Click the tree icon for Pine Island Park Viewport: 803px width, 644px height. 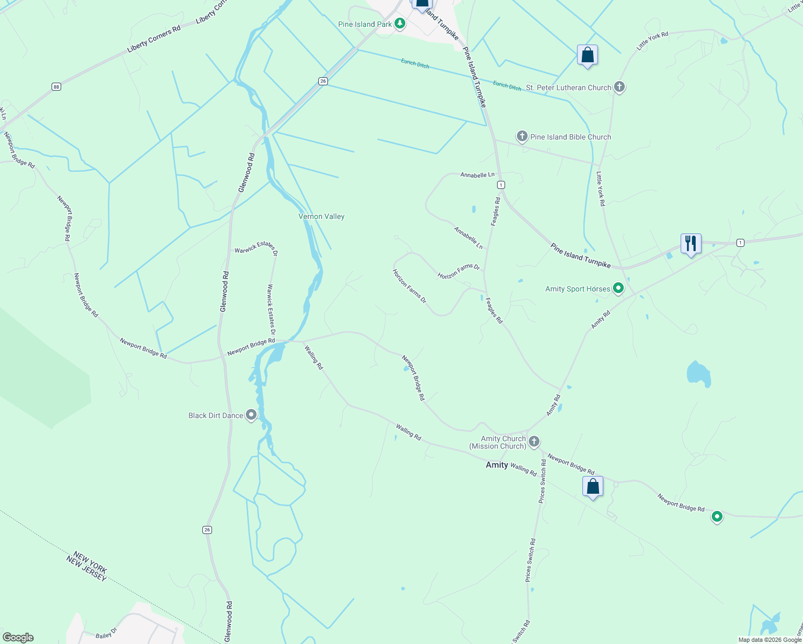pyautogui.click(x=399, y=24)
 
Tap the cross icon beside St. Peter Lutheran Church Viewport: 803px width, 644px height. pyautogui.click(x=619, y=87)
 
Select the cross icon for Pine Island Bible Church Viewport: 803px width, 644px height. pyautogui.click(x=522, y=136)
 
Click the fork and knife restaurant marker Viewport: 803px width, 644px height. pyautogui.click(x=691, y=244)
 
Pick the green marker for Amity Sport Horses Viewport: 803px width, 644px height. pyautogui.click(x=618, y=289)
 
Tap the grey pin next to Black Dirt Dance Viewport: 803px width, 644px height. pyautogui.click(x=251, y=415)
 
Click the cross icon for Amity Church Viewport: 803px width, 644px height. pyautogui.click(x=534, y=442)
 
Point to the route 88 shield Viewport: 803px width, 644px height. pyautogui.click(x=56, y=86)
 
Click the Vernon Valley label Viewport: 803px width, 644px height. pyautogui.click(x=322, y=216)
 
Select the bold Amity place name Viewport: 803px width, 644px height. pyautogui.click(x=497, y=465)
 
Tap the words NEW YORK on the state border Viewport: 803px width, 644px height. pyautogui.click(x=90, y=561)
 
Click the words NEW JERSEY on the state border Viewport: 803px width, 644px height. pyautogui.click(x=86, y=569)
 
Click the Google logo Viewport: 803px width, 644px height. pyautogui.click(x=18, y=638)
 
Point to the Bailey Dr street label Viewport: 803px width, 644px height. pyautogui.click(x=106, y=634)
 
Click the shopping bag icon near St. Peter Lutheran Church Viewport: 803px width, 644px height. pyautogui.click(x=587, y=55)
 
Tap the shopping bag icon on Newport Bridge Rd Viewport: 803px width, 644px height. pyautogui.click(x=593, y=487)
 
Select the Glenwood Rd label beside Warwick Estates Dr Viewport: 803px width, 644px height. pyautogui.click(x=225, y=291)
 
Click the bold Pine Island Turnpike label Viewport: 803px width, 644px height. pyautogui.click(x=580, y=255)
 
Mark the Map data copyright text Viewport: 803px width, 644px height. pyautogui.click(x=769, y=640)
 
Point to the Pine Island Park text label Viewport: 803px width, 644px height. pyautogui.click(x=365, y=24)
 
